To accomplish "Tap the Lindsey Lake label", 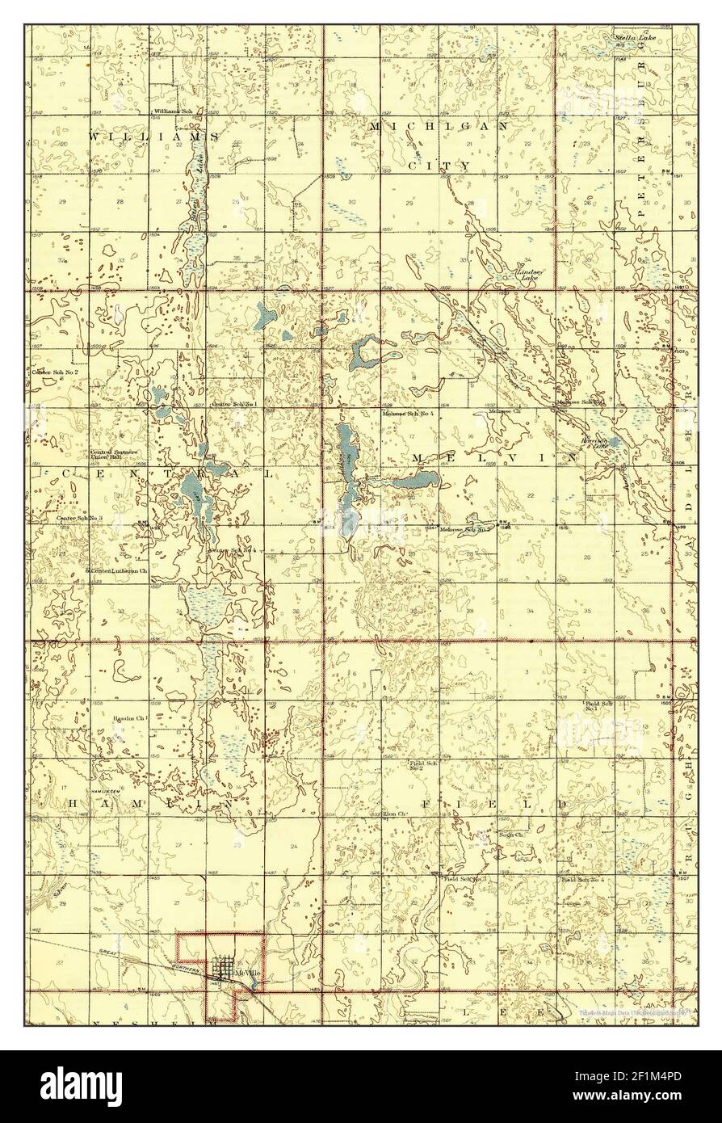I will (530, 275).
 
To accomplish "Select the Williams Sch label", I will (175, 111).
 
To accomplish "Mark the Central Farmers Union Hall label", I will (114, 455).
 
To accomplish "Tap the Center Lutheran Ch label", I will (119, 570).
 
